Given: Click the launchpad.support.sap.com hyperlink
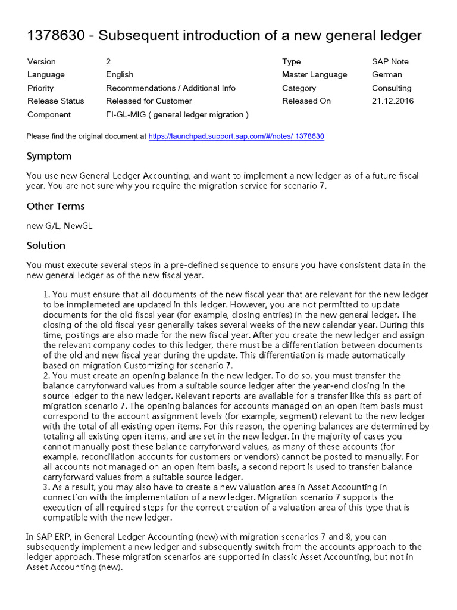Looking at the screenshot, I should [236, 136].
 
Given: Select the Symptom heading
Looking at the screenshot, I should [49, 156].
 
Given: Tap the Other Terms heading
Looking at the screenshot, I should [55, 206].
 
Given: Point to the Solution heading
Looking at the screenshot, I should [46, 245].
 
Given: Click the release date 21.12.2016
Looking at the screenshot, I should [393, 101].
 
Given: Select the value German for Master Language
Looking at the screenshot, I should [387, 74].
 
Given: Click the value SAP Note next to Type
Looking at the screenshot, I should [390, 61].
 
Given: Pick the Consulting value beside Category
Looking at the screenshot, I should [392, 88].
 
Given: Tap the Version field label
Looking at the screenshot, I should [42, 61].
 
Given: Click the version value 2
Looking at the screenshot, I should [108, 61].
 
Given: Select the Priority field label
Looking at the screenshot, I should [40, 88].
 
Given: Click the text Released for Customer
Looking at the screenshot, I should [149, 101].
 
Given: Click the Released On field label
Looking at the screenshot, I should [306, 101].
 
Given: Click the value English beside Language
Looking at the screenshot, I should [120, 74].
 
